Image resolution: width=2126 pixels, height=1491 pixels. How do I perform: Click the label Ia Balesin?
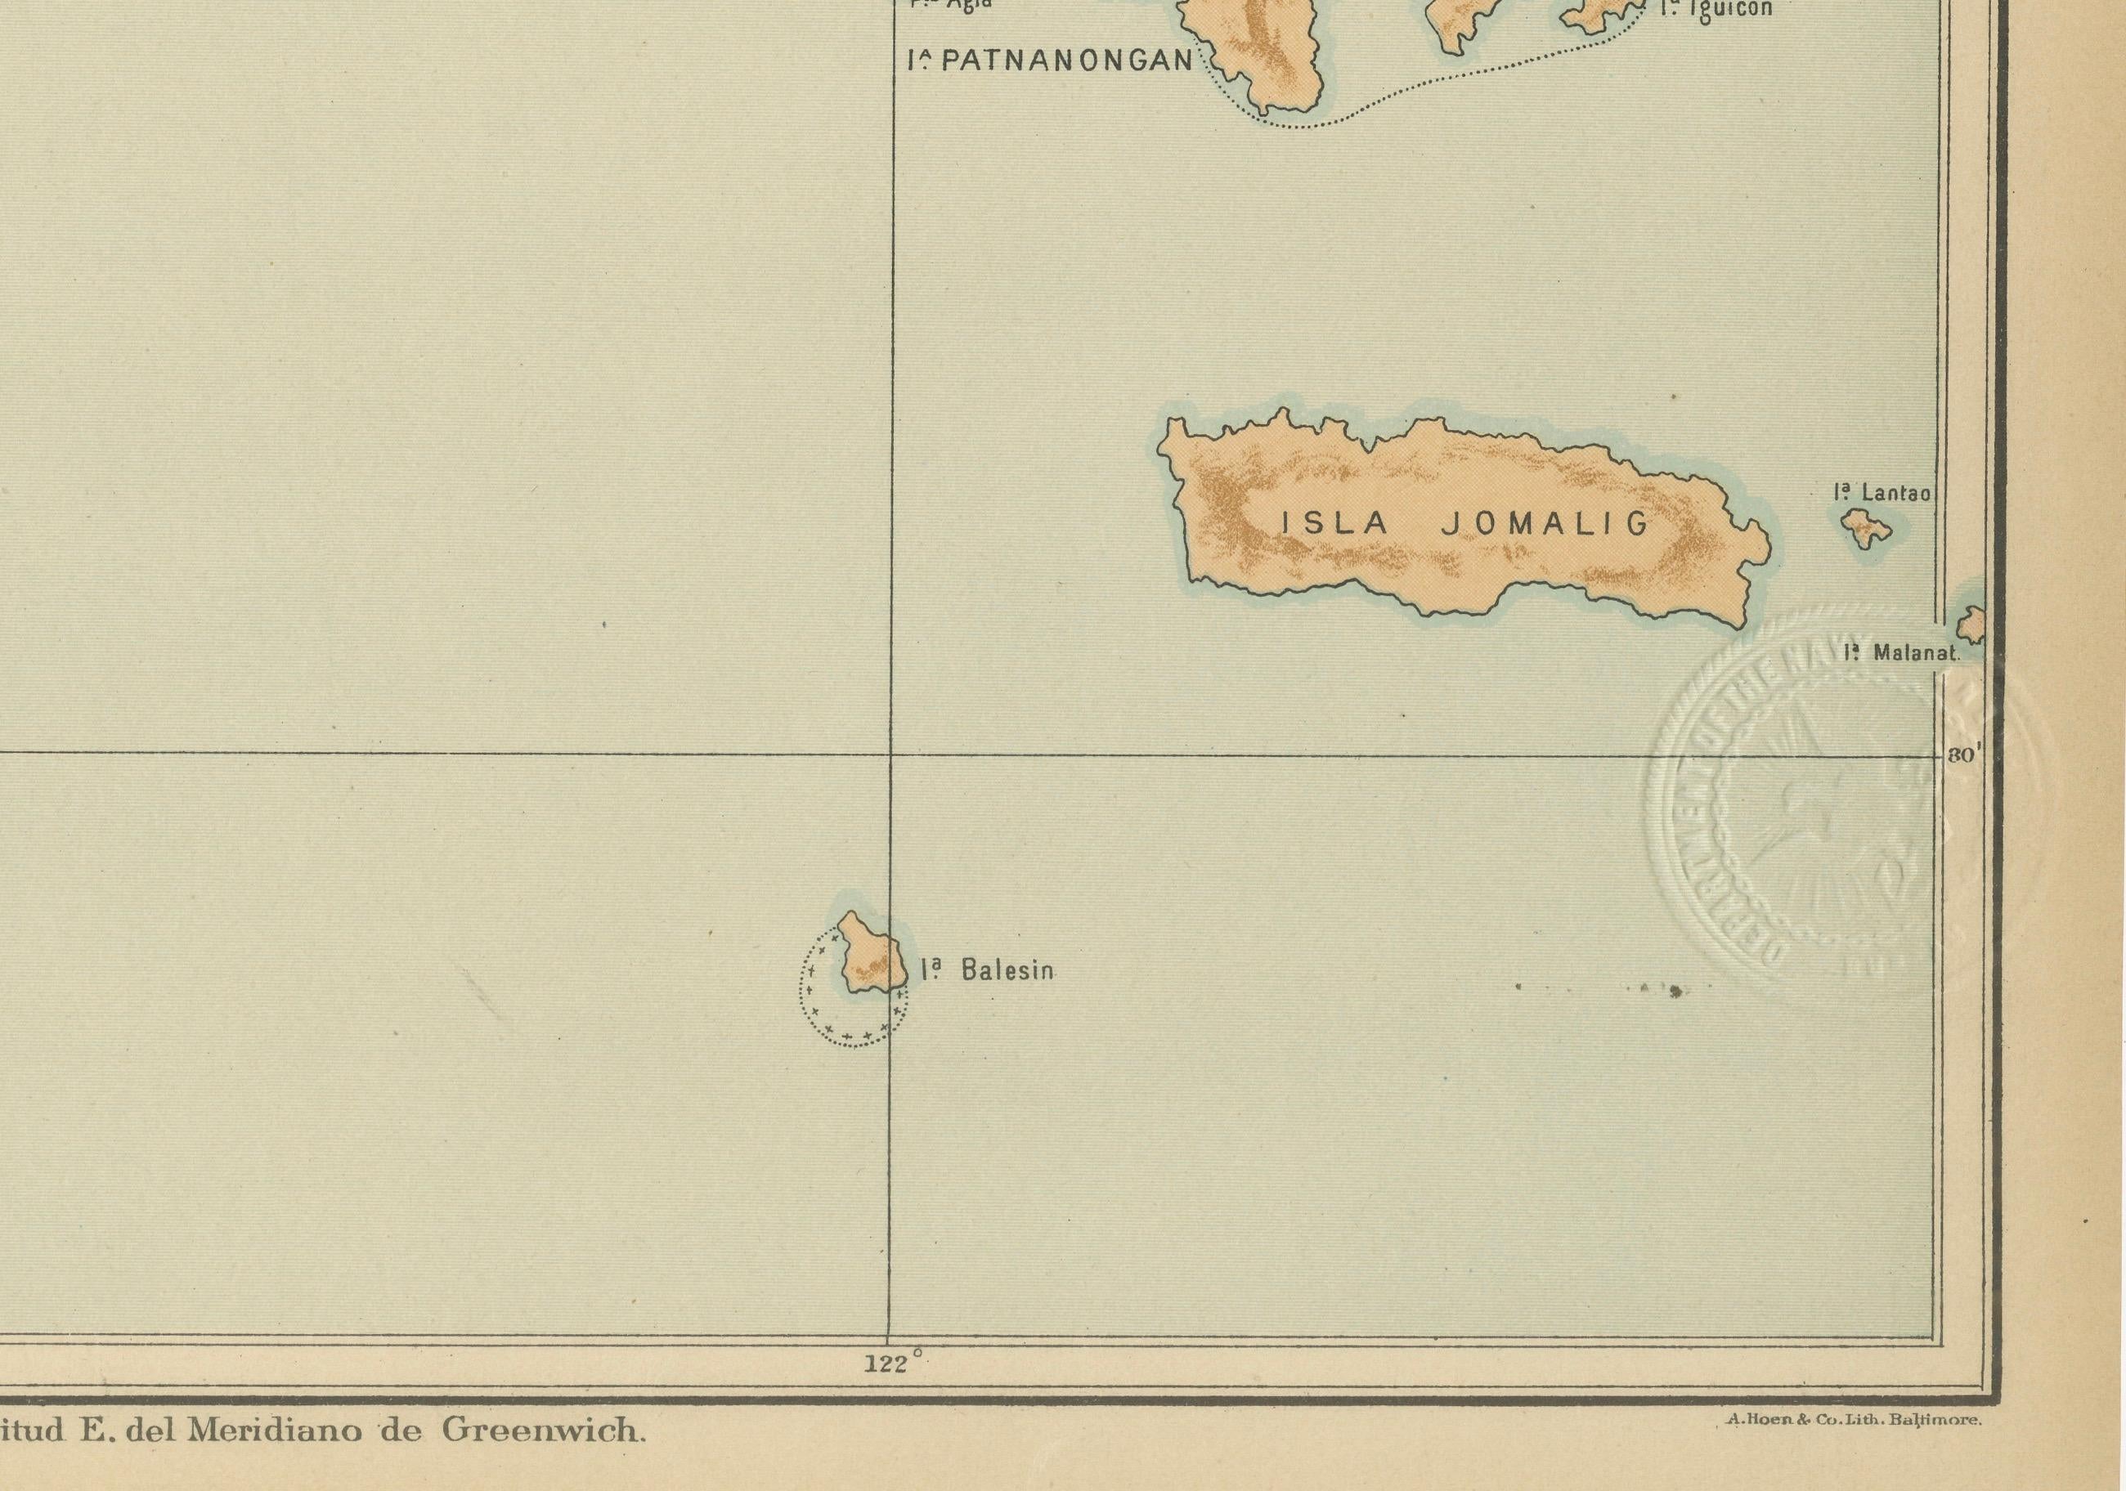[987, 970]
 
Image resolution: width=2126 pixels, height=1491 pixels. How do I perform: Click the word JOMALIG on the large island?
[1545, 524]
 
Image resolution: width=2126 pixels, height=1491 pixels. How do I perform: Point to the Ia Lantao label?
[1883, 493]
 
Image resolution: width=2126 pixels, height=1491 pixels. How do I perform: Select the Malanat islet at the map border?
[1973, 625]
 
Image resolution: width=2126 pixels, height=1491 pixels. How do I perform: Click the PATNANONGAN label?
[1050, 61]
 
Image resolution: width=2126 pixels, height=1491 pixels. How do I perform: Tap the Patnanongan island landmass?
[1268, 56]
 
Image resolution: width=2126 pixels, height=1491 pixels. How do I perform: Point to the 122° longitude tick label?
[893, 1363]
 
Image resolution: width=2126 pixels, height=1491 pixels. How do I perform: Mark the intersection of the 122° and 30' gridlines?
[890, 754]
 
